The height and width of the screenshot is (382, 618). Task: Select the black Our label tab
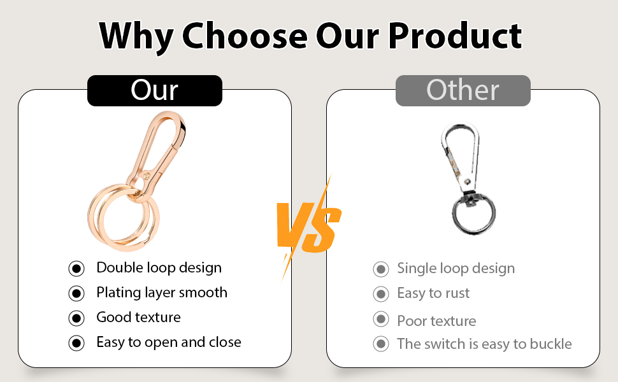coord(154,90)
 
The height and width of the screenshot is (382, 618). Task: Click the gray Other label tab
coord(463,90)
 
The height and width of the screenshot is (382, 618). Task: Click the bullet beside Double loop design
coord(76,269)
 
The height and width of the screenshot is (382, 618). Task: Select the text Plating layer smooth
coord(162,293)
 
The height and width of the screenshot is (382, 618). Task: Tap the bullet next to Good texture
coord(76,318)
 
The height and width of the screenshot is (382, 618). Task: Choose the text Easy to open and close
coord(169,343)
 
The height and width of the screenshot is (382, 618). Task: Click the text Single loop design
coord(456,269)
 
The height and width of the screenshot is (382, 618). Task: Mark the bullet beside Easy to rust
coord(381,294)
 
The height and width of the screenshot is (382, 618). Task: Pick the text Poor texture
coord(436,321)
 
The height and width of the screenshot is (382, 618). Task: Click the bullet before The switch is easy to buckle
coord(381,344)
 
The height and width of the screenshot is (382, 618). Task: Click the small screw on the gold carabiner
coord(147,175)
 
